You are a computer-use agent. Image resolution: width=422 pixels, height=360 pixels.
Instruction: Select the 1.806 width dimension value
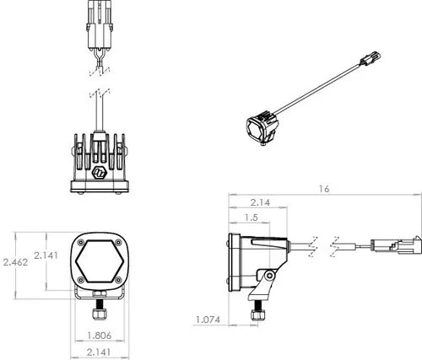pos(102,335)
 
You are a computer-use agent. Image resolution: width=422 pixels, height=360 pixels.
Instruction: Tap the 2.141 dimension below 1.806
pos(102,352)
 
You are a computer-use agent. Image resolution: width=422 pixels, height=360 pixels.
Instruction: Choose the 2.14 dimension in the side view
pos(261,203)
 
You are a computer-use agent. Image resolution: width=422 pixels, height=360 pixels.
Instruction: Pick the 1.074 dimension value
pos(208,320)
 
